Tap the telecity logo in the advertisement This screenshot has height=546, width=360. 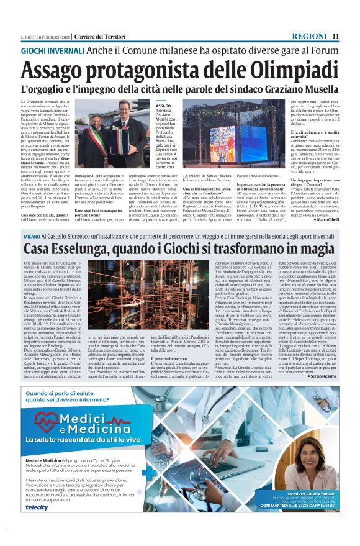click(37, 507)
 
